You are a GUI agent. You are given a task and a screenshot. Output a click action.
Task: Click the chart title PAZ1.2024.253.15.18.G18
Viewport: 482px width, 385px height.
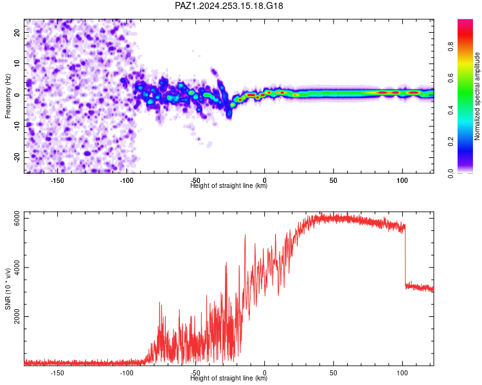[x=229, y=6]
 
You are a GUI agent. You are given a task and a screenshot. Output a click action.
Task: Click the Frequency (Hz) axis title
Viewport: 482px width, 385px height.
[x=8, y=96]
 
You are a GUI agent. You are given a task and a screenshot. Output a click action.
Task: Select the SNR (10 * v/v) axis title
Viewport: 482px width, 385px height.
[x=8, y=289]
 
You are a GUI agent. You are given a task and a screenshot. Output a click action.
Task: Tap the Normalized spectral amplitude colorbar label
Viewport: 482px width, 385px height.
[x=477, y=96]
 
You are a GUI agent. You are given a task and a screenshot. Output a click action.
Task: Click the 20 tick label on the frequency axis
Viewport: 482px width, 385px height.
[x=17, y=32]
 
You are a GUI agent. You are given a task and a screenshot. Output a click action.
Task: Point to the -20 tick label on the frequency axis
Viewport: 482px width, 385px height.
[x=17, y=157]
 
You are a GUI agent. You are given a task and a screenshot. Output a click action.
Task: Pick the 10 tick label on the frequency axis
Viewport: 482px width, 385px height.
[x=17, y=64]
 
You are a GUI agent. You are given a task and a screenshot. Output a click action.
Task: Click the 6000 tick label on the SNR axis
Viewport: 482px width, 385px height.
[x=17, y=218]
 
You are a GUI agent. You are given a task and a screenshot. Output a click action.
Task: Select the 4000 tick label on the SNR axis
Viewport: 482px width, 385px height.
[x=17, y=268]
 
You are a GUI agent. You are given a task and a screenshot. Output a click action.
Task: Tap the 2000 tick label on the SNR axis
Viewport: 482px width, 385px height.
[x=17, y=316]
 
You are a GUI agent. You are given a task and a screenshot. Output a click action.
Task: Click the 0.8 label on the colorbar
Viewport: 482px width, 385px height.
[x=451, y=46]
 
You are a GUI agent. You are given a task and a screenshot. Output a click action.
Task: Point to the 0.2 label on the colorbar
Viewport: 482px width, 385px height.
[x=451, y=142]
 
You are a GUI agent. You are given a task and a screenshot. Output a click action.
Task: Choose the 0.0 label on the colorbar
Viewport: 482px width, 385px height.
[x=451, y=173]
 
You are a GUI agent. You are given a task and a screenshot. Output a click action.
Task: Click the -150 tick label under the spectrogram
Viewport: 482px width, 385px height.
[x=57, y=180]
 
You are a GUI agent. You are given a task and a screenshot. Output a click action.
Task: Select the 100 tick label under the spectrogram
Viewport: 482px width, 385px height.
[x=402, y=180]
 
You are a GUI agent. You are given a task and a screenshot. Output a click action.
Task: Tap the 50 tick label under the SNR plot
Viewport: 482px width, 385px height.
[x=333, y=373]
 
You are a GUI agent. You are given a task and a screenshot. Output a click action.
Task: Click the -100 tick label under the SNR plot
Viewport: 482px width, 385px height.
[x=127, y=373]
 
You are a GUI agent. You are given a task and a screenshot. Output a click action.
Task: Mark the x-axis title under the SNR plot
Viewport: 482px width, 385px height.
[x=229, y=378]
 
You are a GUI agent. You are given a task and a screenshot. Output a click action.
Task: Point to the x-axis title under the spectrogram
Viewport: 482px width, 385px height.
[x=229, y=185]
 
